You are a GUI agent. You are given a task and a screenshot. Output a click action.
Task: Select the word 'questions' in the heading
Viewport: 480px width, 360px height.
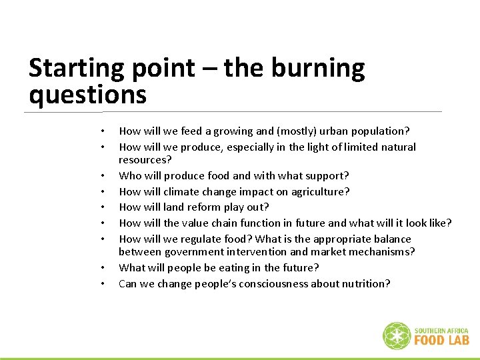tap(87, 95)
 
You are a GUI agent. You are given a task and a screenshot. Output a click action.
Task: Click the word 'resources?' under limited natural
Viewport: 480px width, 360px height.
tap(145, 160)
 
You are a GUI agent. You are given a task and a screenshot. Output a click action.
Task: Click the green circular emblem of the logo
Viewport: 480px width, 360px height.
tap(397, 336)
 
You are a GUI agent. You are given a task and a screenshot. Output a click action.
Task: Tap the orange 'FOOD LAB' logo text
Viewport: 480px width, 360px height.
tap(441, 340)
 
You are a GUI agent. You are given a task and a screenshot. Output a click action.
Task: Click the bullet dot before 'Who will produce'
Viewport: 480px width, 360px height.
tap(103, 177)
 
